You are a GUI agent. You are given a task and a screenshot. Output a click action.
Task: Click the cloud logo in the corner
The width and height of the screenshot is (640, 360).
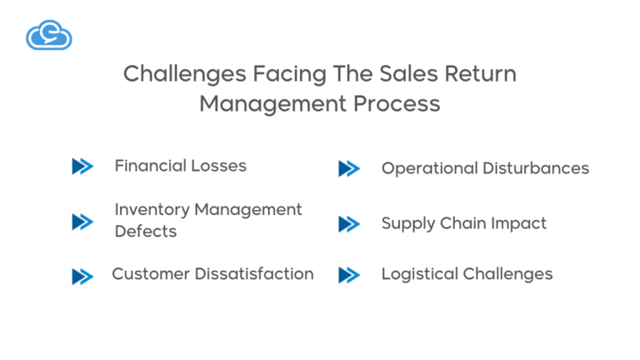coord(48,35)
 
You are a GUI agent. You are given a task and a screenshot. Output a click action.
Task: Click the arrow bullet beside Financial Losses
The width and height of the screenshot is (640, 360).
coord(82,167)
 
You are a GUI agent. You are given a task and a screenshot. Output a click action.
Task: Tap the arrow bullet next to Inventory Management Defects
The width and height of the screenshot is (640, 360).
coord(82,222)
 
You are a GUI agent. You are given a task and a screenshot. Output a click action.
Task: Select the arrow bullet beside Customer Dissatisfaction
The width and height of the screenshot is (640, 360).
coord(82,276)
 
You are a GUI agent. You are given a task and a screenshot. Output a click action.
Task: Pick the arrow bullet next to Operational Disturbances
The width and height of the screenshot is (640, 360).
coord(348,169)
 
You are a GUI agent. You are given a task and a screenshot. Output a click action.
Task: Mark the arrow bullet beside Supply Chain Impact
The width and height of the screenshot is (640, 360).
coord(348,224)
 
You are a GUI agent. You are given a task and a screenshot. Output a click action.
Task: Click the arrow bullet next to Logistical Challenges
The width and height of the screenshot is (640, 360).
coord(348,275)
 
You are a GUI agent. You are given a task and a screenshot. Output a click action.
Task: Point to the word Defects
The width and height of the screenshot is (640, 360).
coord(146,232)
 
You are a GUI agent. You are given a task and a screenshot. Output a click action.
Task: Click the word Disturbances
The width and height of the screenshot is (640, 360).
coord(537,168)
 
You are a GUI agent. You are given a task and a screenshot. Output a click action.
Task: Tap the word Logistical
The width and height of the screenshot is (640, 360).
coord(418,274)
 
